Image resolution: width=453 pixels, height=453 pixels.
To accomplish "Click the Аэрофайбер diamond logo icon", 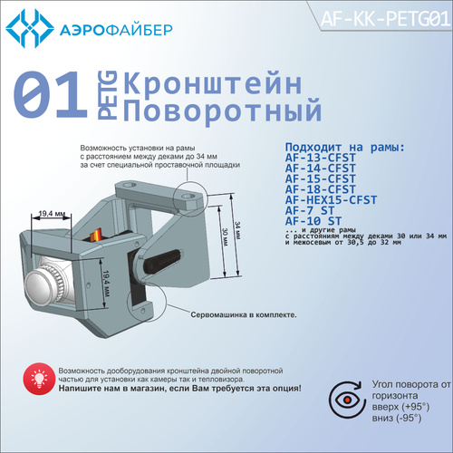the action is tap(30, 28).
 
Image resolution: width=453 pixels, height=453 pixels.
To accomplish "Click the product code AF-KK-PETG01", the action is tap(385, 19).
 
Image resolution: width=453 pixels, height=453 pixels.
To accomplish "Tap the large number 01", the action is tap(50, 94).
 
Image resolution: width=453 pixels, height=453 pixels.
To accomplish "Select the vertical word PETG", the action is tap(107, 95).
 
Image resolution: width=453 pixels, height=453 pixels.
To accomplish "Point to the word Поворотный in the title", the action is tap(222, 111).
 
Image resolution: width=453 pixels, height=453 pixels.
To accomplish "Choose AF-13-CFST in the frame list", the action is tap(321, 158).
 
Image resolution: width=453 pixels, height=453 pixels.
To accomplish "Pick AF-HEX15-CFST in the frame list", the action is tap(331, 200).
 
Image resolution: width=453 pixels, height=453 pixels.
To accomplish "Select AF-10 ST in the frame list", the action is tap(313, 221).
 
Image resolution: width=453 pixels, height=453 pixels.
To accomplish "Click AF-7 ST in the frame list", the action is tap(310, 210).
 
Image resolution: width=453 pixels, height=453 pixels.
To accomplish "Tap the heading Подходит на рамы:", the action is tap(344, 147).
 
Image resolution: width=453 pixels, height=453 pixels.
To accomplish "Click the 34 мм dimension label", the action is tap(237, 231).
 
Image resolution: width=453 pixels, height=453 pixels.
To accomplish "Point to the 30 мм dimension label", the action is tap(226, 236).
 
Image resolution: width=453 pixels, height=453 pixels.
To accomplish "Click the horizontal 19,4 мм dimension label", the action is tap(52, 214).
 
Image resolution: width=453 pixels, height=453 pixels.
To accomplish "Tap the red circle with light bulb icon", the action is tap(39, 379).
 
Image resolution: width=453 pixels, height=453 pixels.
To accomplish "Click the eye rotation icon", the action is tap(345, 400).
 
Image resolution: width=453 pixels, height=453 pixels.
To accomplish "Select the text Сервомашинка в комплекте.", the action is tap(244, 314).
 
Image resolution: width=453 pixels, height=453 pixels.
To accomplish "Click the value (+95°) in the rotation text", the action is tap(416, 407).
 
